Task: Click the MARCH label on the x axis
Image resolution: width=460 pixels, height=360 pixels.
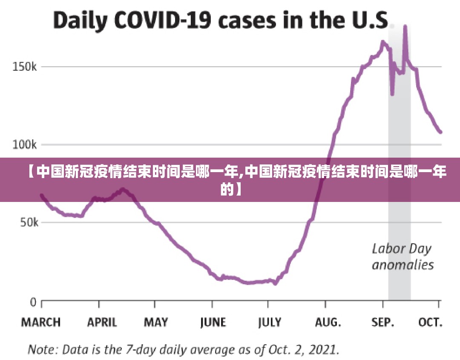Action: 41,323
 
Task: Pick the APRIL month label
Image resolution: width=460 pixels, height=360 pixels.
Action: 102,323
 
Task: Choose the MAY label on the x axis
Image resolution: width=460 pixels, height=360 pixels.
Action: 156,323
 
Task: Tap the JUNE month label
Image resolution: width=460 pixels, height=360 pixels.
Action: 213,323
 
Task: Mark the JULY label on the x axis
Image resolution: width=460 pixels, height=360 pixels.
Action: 270,323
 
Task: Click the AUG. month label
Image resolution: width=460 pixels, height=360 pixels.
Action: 328,323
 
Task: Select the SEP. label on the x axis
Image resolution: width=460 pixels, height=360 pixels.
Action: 383,323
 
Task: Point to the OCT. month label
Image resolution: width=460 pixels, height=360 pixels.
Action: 431,323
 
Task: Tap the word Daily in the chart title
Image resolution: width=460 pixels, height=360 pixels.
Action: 78,21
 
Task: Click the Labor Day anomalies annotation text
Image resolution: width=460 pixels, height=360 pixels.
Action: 402,256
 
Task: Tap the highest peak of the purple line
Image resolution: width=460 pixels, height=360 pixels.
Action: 405,26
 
